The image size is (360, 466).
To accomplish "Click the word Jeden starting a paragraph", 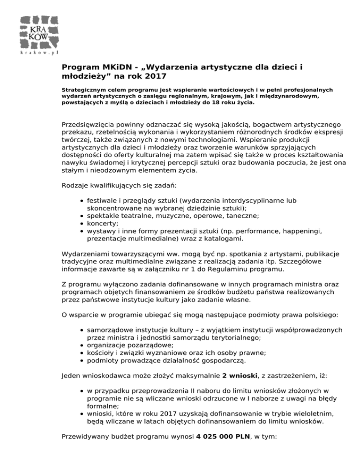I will tap(72, 376).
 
